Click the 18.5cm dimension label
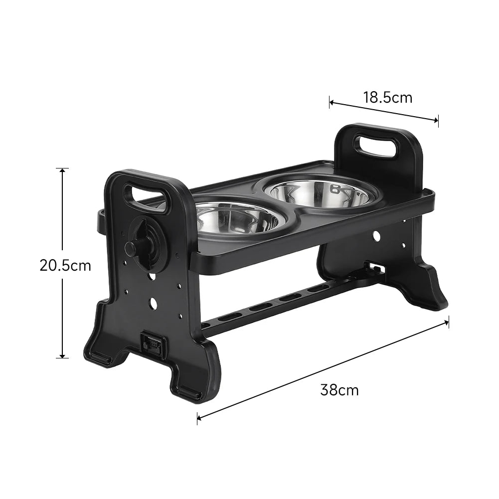pos(387,97)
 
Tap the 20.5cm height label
pos(65,265)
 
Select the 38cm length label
pos(339,390)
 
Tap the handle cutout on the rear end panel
pos(376,146)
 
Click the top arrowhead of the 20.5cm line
pos(62,170)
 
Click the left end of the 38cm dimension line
pos(198,418)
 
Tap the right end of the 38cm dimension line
pos(448,322)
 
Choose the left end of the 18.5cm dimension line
pos(330,103)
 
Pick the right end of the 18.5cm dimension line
pos(437,120)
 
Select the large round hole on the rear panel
pos(377,234)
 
